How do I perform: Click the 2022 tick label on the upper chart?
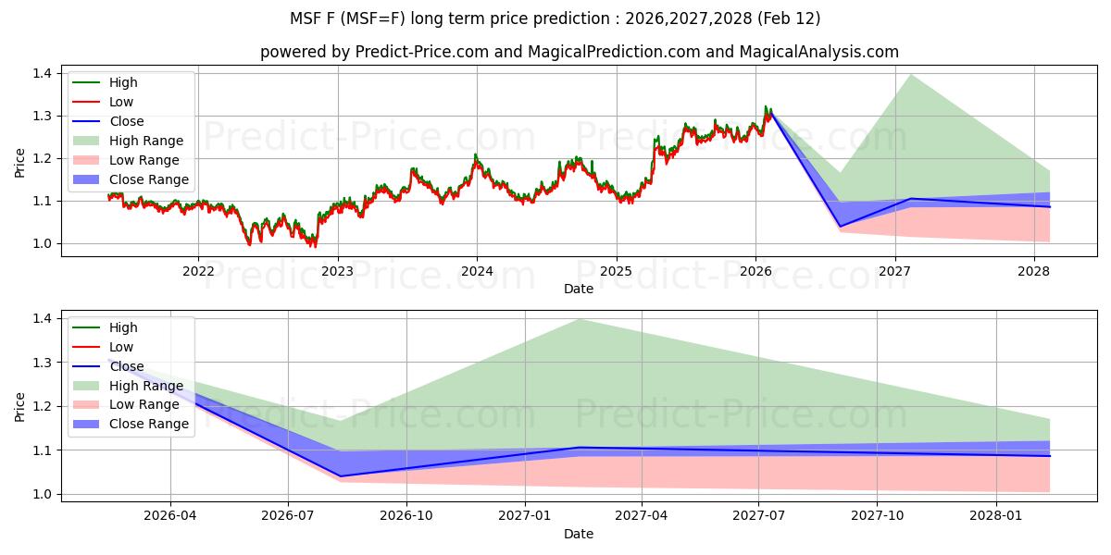[198, 271]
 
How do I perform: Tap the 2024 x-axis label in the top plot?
[477, 271]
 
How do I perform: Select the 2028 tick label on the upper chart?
[1033, 271]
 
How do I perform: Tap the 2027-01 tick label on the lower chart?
[525, 516]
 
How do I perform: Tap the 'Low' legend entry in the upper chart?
[120, 102]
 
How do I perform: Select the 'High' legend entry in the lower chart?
[123, 327]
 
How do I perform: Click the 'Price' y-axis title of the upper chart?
[20, 163]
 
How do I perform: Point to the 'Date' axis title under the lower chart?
[579, 534]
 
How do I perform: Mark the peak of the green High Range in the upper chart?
[913, 74]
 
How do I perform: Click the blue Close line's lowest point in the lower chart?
[342, 476]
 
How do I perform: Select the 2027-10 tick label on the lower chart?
[877, 516]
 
